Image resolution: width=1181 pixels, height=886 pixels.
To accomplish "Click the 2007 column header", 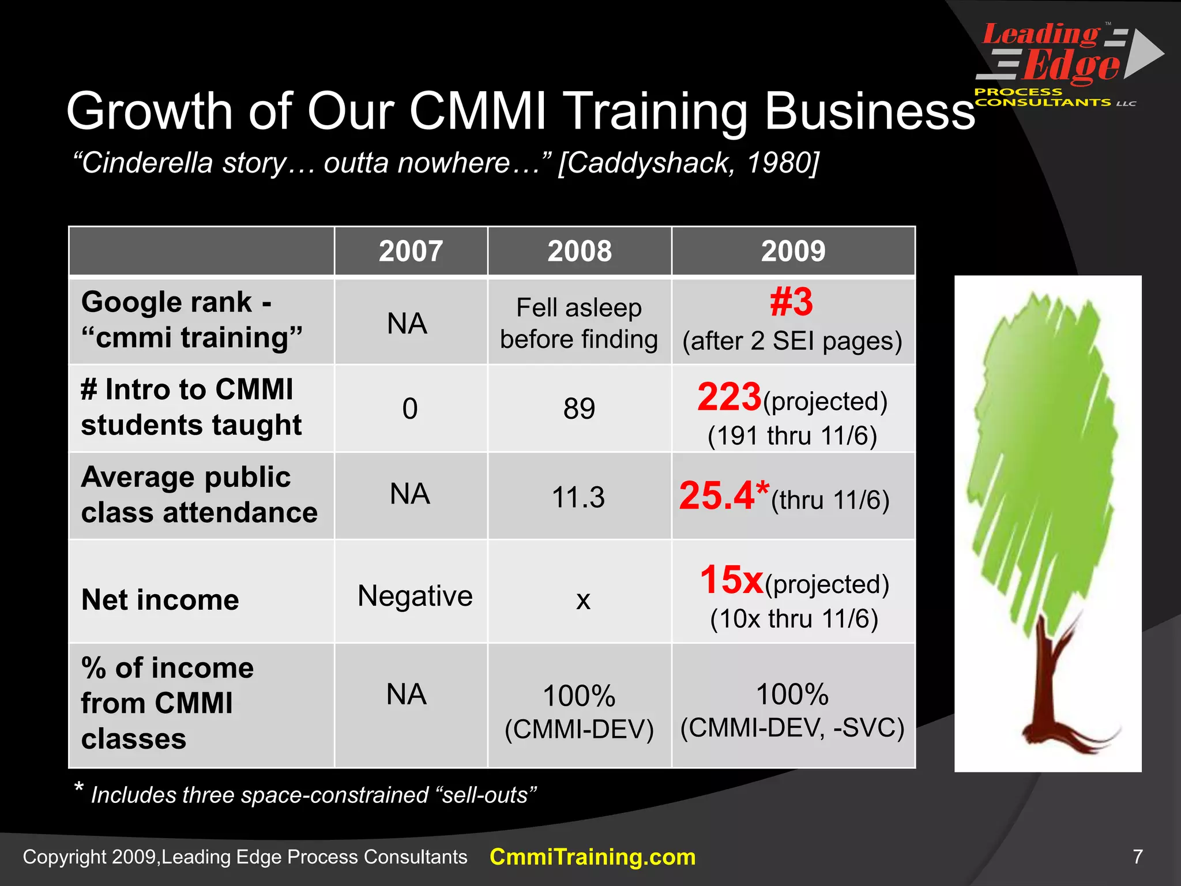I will click(411, 251).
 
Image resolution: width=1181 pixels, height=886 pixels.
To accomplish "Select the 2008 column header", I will click(580, 251).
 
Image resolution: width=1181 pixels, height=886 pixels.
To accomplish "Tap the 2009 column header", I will click(793, 251).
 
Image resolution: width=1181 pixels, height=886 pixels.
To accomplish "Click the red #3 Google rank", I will click(791, 302).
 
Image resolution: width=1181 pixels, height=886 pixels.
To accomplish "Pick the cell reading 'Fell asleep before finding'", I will click(579, 323).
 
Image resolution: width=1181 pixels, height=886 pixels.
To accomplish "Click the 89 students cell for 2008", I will click(579, 408).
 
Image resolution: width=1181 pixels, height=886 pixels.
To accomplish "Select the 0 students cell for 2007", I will click(410, 408).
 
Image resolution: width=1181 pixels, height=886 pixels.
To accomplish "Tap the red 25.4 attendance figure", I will click(717, 496).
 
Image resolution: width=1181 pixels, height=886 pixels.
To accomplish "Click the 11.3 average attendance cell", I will click(578, 497).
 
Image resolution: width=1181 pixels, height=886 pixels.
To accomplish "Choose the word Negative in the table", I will click(415, 596).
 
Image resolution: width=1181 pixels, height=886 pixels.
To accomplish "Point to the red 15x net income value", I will click(731, 580).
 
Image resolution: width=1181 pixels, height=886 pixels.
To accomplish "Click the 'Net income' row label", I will click(160, 600).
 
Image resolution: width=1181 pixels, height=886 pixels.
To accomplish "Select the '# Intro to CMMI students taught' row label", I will click(191, 407).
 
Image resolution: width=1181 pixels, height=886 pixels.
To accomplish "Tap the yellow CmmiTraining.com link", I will click(592, 857).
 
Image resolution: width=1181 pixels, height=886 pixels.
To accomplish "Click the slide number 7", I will click(1137, 857).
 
